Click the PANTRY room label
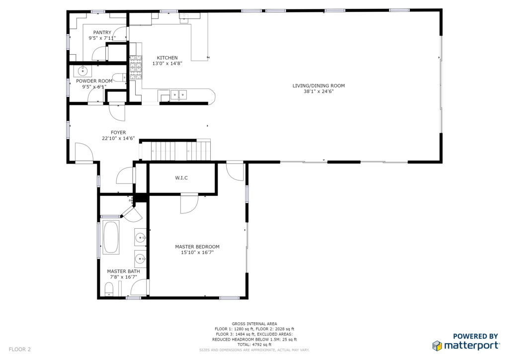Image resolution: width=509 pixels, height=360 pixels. (102, 32)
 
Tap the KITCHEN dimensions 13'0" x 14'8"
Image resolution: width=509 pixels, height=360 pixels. (167, 64)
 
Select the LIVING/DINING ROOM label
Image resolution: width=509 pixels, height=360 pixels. (319, 86)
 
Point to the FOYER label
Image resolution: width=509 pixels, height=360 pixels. (118, 132)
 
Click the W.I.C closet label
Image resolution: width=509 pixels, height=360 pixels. (181, 178)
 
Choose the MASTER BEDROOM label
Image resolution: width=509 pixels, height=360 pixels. (197, 247)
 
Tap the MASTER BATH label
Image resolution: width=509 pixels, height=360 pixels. (123, 271)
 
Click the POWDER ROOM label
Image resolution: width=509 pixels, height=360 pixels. (94, 81)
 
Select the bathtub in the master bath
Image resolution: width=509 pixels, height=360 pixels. (111, 237)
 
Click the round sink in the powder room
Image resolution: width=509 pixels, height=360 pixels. (83, 71)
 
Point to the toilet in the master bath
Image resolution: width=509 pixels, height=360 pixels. (109, 289)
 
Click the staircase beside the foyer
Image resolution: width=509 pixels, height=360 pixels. (176, 150)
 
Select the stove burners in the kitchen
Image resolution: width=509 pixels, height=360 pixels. (136, 68)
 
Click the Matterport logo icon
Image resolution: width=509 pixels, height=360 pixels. (437, 346)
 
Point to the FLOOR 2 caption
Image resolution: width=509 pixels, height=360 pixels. (20, 349)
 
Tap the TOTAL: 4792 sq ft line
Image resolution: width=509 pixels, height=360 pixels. (254, 345)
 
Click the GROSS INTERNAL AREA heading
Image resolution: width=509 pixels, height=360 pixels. (254, 324)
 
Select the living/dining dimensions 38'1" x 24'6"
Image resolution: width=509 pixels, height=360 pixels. (319, 91)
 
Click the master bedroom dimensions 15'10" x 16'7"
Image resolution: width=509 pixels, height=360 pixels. (197, 253)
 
